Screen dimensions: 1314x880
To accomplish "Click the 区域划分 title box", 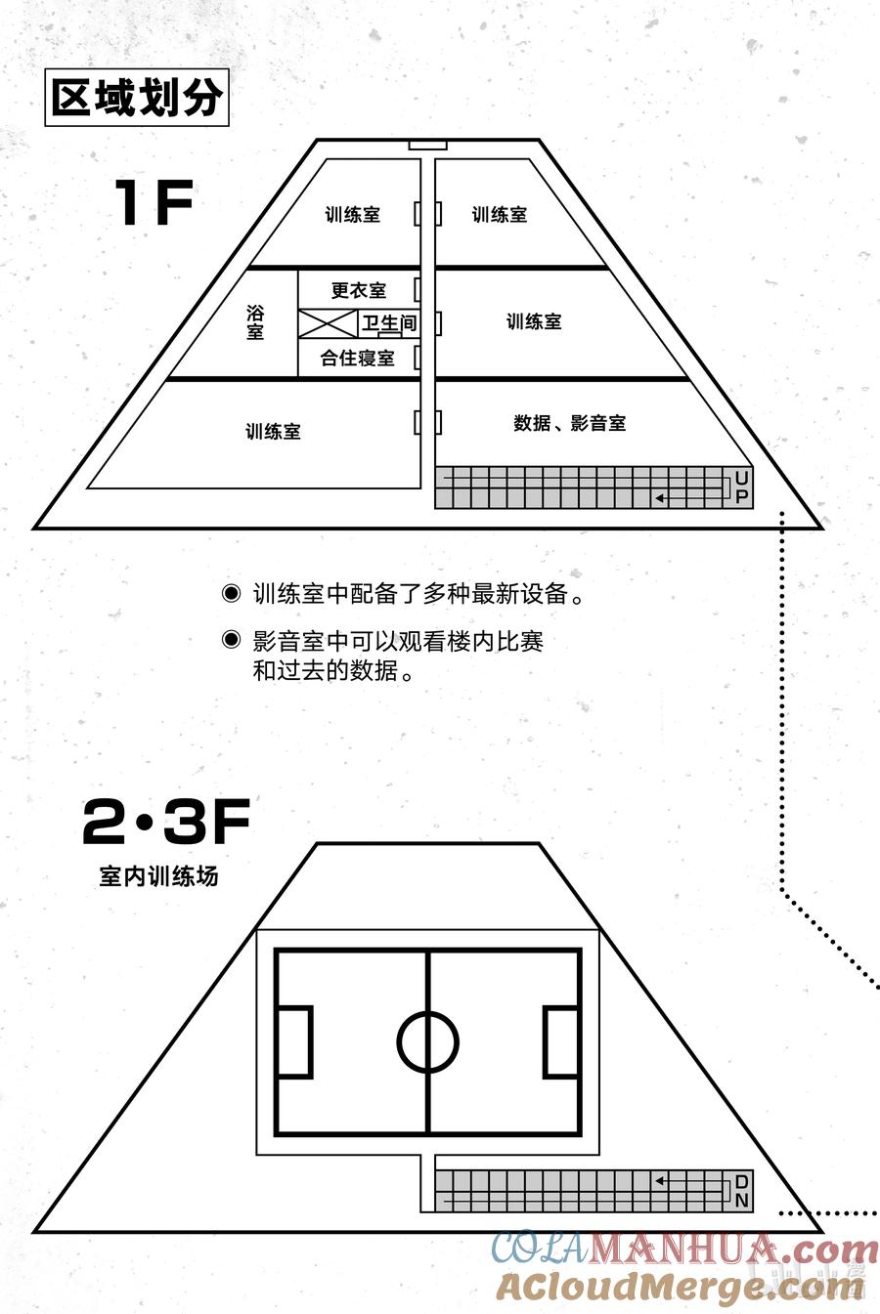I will (x=137, y=98).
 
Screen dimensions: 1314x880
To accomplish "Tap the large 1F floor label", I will (x=154, y=203).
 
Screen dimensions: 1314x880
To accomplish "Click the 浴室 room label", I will (x=255, y=322).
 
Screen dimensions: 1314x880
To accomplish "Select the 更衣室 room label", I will (x=359, y=290).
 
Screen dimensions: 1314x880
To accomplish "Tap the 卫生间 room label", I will (x=389, y=322).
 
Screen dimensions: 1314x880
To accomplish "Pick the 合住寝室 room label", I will (x=358, y=359).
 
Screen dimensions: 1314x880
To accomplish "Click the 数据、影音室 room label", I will (x=569, y=423).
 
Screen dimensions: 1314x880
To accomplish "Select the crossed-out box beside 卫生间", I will (x=329, y=323).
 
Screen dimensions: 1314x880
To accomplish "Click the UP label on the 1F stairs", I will (x=741, y=487).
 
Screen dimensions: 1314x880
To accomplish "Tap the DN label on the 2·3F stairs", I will (x=741, y=1191).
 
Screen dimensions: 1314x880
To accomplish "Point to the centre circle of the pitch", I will (x=428, y=1041).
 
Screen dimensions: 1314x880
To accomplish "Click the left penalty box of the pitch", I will (x=294, y=1041).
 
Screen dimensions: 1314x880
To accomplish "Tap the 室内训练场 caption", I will (x=158, y=876).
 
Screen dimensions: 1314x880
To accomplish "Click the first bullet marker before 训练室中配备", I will (x=231, y=594).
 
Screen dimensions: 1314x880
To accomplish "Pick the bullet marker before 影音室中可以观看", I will (x=231, y=641).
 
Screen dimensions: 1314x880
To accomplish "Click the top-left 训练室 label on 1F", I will (x=353, y=215).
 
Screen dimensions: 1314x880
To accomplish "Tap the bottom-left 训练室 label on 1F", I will (x=273, y=431).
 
